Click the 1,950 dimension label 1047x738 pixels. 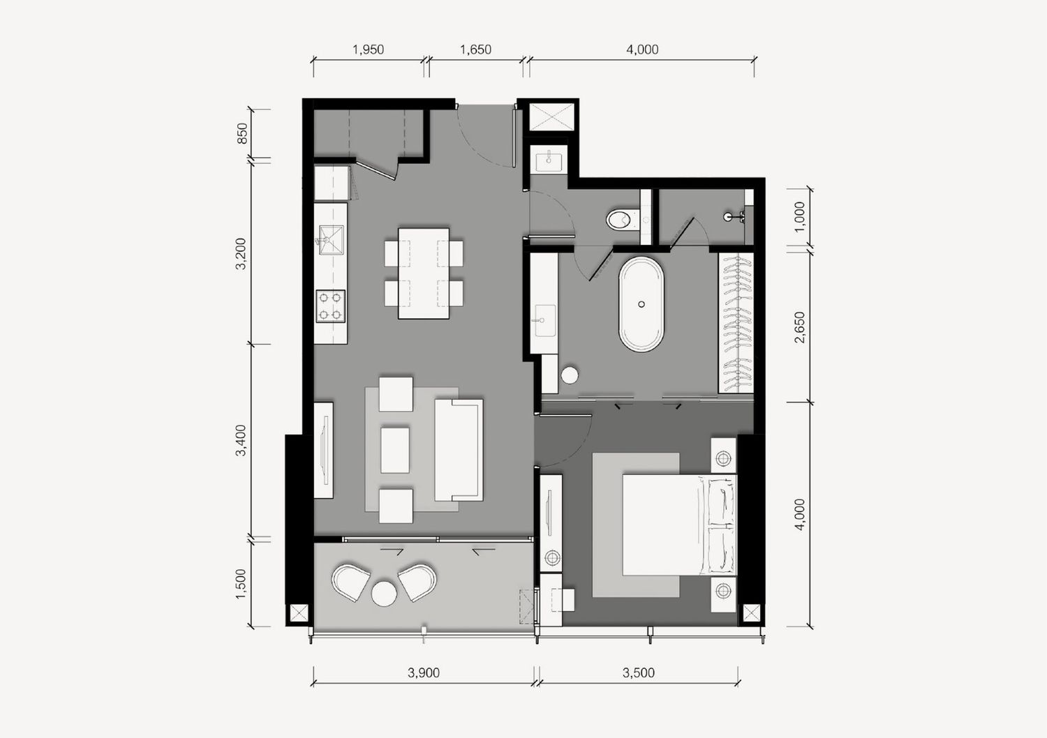pyautogui.click(x=368, y=50)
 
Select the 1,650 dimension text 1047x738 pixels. pyautogui.click(x=475, y=50)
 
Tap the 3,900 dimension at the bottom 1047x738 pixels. pyautogui.click(x=424, y=672)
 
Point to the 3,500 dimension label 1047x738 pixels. pyautogui.click(x=639, y=672)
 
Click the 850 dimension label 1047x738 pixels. pyautogui.click(x=242, y=133)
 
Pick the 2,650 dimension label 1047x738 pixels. pyautogui.click(x=800, y=327)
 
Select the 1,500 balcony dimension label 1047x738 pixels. pyautogui.click(x=240, y=583)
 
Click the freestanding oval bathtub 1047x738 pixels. pyautogui.click(x=641, y=304)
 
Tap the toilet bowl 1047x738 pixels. pyautogui.click(x=621, y=220)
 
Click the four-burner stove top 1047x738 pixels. pyautogui.click(x=330, y=306)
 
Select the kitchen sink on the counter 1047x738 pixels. pyautogui.click(x=331, y=240)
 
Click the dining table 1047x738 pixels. pyautogui.click(x=424, y=273)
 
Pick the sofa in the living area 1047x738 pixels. pyautogui.click(x=459, y=450)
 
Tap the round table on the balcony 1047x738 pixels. pyautogui.click(x=384, y=594)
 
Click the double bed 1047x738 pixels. pyautogui.click(x=680, y=525)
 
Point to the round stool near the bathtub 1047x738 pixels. pyautogui.click(x=570, y=375)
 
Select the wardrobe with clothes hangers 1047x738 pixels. pyautogui.click(x=736, y=323)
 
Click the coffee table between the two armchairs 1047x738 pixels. pyautogui.click(x=395, y=450)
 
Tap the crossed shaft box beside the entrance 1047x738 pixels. pyautogui.click(x=551, y=116)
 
